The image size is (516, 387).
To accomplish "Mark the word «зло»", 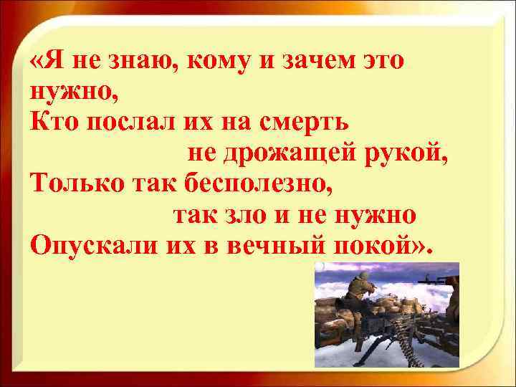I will pos(257,215).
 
